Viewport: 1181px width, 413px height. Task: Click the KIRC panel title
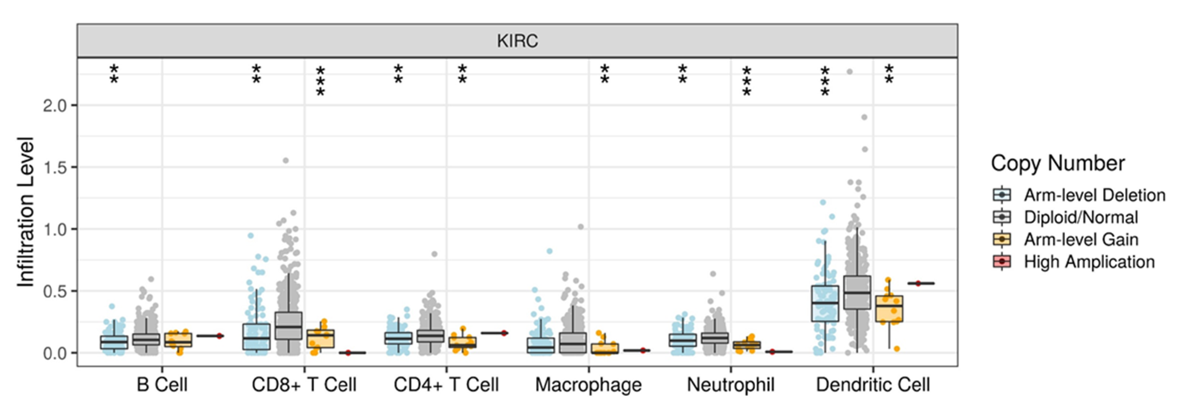click(x=517, y=41)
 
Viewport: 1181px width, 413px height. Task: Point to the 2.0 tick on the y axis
click(x=54, y=106)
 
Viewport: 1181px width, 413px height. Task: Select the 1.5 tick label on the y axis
click(x=54, y=168)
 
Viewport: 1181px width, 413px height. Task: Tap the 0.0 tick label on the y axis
click(x=54, y=353)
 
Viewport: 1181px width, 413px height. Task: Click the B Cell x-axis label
click(x=162, y=385)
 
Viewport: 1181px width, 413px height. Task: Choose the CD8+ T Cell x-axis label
click(x=304, y=385)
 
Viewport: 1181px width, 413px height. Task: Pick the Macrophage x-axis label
click(x=588, y=385)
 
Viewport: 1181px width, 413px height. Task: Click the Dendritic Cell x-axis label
click(x=873, y=385)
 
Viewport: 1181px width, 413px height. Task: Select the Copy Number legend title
click(x=1058, y=164)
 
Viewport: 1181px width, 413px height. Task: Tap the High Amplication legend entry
click(x=1089, y=262)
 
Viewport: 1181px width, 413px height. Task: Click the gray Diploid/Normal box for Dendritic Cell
click(x=857, y=293)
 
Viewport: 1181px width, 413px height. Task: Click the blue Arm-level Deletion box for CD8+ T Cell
click(x=256, y=337)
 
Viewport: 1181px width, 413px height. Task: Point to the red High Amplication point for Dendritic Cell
click(x=918, y=283)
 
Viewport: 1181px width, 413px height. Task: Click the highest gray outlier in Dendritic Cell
click(x=849, y=72)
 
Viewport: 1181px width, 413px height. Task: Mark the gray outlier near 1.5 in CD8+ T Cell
click(x=286, y=161)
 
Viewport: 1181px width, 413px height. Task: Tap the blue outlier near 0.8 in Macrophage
click(x=549, y=251)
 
